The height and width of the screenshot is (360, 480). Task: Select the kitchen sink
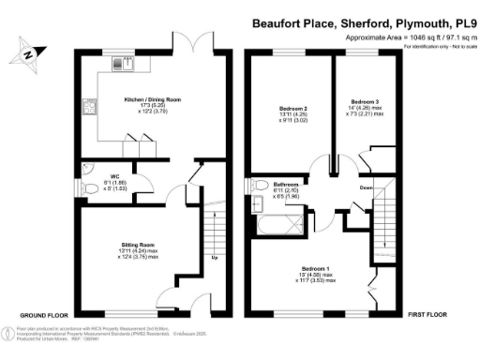click(x=122, y=63)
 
